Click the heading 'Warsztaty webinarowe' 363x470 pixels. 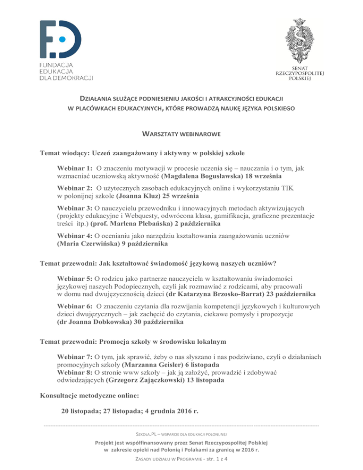click(181, 134)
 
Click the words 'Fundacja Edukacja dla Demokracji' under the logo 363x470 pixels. click(66, 70)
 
